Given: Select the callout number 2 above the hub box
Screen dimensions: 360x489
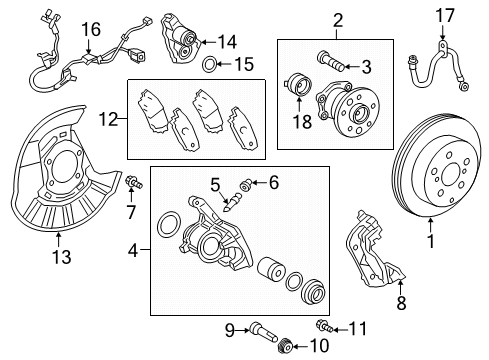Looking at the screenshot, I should coord(310,19).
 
